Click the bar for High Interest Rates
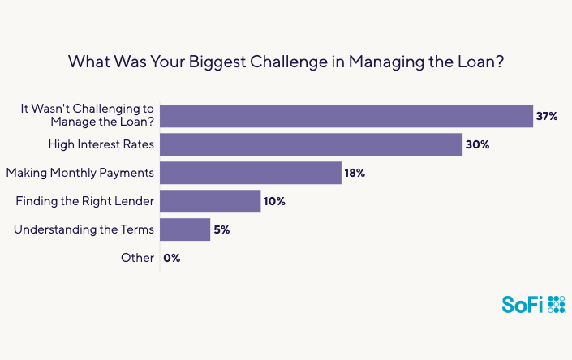(x=311, y=145)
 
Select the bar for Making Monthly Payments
(x=251, y=173)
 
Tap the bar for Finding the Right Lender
(x=210, y=201)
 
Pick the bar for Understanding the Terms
(x=185, y=229)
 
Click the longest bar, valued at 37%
(x=346, y=117)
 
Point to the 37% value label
(x=546, y=117)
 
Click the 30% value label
(x=476, y=145)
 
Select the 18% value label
(x=355, y=173)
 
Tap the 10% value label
(x=275, y=201)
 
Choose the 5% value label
(x=222, y=229)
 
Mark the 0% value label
(x=172, y=258)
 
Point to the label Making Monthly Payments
(x=80, y=173)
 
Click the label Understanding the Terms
(x=84, y=229)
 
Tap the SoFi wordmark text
(x=523, y=304)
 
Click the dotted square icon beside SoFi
(x=557, y=304)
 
